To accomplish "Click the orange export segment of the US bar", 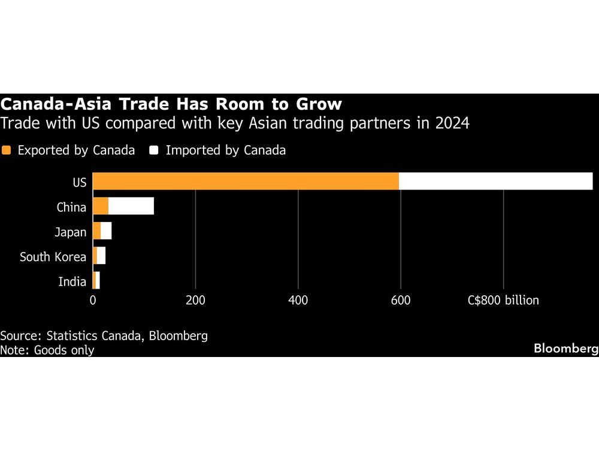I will coord(246,181).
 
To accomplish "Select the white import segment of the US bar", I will coord(495,181).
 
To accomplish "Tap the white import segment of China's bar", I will coord(131,206).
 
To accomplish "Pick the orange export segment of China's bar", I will coord(101,206).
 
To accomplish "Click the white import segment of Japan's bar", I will coord(106,231).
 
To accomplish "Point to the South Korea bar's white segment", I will coord(101,256).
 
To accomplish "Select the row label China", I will coord(71,208).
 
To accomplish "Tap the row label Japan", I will coord(71,232).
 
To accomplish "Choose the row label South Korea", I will coord(53,257).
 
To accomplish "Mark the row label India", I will coord(72,281).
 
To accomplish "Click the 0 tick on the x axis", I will coord(93,300).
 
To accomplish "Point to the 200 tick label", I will coord(195,300).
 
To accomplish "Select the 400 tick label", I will coord(298,300).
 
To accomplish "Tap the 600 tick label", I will coord(401,300).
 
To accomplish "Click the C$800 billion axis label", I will coord(503,300).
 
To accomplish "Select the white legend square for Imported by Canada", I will coord(154,151).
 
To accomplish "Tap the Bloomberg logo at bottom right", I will coord(565,348).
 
